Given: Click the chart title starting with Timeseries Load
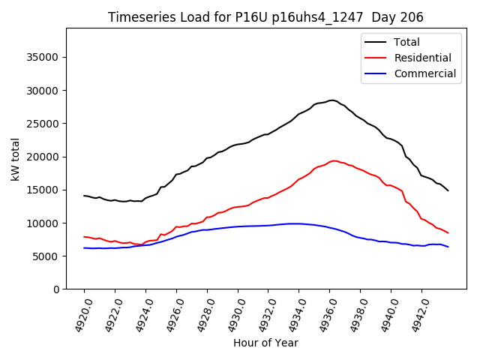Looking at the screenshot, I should [x=265, y=17].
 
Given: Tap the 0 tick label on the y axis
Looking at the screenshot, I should [x=55, y=289].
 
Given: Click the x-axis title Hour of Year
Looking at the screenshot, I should [x=265, y=343].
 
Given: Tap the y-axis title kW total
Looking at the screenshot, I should [x=15, y=159].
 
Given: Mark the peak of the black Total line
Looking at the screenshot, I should [x=331, y=100].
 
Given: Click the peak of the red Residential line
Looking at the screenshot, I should [x=334, y=160].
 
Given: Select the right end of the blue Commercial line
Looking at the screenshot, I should [x=448, y=247].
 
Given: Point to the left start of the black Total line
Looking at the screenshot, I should [x=84, y=196].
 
